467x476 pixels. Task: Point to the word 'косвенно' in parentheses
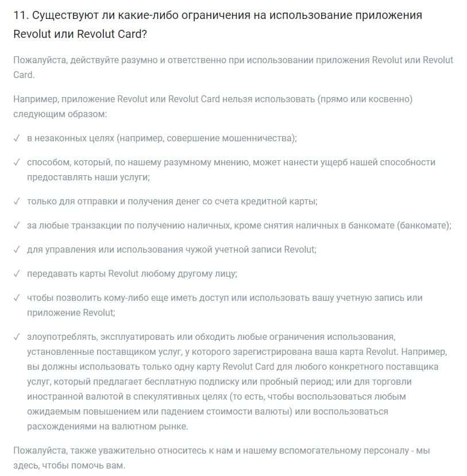(x=388, y=99)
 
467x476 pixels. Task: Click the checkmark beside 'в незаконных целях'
(x=17, y=138)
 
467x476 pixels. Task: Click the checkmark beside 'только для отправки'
(x=17, y=202)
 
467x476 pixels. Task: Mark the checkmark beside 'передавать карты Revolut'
(x=17, y=274)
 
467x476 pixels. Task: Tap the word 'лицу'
(x=223, y=274)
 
